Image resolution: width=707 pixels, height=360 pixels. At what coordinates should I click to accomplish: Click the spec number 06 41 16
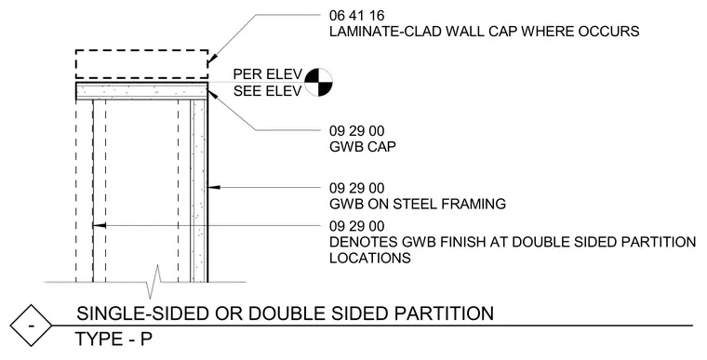coord(356,16)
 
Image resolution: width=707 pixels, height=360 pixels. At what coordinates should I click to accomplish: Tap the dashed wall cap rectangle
coord(141,50)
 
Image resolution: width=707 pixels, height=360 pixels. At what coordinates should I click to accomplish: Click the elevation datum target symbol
coord(319,83)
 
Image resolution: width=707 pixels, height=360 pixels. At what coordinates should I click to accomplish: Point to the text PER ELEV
coord(267,74)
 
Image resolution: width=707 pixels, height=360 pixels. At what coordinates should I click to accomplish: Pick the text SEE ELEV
coord(267,91)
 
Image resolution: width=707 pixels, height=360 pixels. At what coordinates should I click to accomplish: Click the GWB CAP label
coord(363,147)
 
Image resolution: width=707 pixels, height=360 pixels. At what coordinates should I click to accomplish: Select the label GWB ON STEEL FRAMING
coord(418,204)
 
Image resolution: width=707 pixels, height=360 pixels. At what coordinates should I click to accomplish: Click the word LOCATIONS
coord(370,258)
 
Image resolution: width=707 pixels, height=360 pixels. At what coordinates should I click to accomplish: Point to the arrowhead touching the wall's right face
coord(213,187)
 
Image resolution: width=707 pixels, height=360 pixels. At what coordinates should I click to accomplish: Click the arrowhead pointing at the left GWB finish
coord(100,225)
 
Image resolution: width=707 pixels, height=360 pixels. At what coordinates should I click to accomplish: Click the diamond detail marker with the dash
coord(31,326)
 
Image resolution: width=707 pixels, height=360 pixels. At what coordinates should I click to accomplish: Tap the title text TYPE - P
coord(113,340)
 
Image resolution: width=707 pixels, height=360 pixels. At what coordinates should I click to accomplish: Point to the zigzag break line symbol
coord(153,282)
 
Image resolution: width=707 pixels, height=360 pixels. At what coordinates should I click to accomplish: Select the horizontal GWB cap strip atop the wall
coord(141,91)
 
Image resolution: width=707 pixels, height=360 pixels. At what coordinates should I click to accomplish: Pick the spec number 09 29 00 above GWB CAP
coord(356,131)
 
